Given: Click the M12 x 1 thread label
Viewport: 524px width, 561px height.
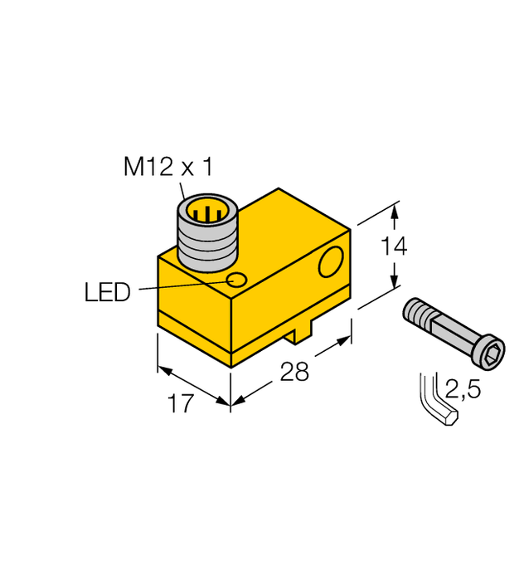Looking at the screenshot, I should [x=168, y=168].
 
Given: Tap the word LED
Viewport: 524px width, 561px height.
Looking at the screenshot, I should [x=108, y=292].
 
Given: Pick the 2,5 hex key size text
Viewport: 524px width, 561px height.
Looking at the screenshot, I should [x=461, y=388].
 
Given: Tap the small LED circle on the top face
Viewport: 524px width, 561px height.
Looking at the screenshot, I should [x=238, y=280].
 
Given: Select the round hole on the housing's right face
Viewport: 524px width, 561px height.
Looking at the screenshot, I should [x=332, y=262].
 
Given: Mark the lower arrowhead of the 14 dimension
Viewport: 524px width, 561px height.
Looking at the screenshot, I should [x=395, y=282].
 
